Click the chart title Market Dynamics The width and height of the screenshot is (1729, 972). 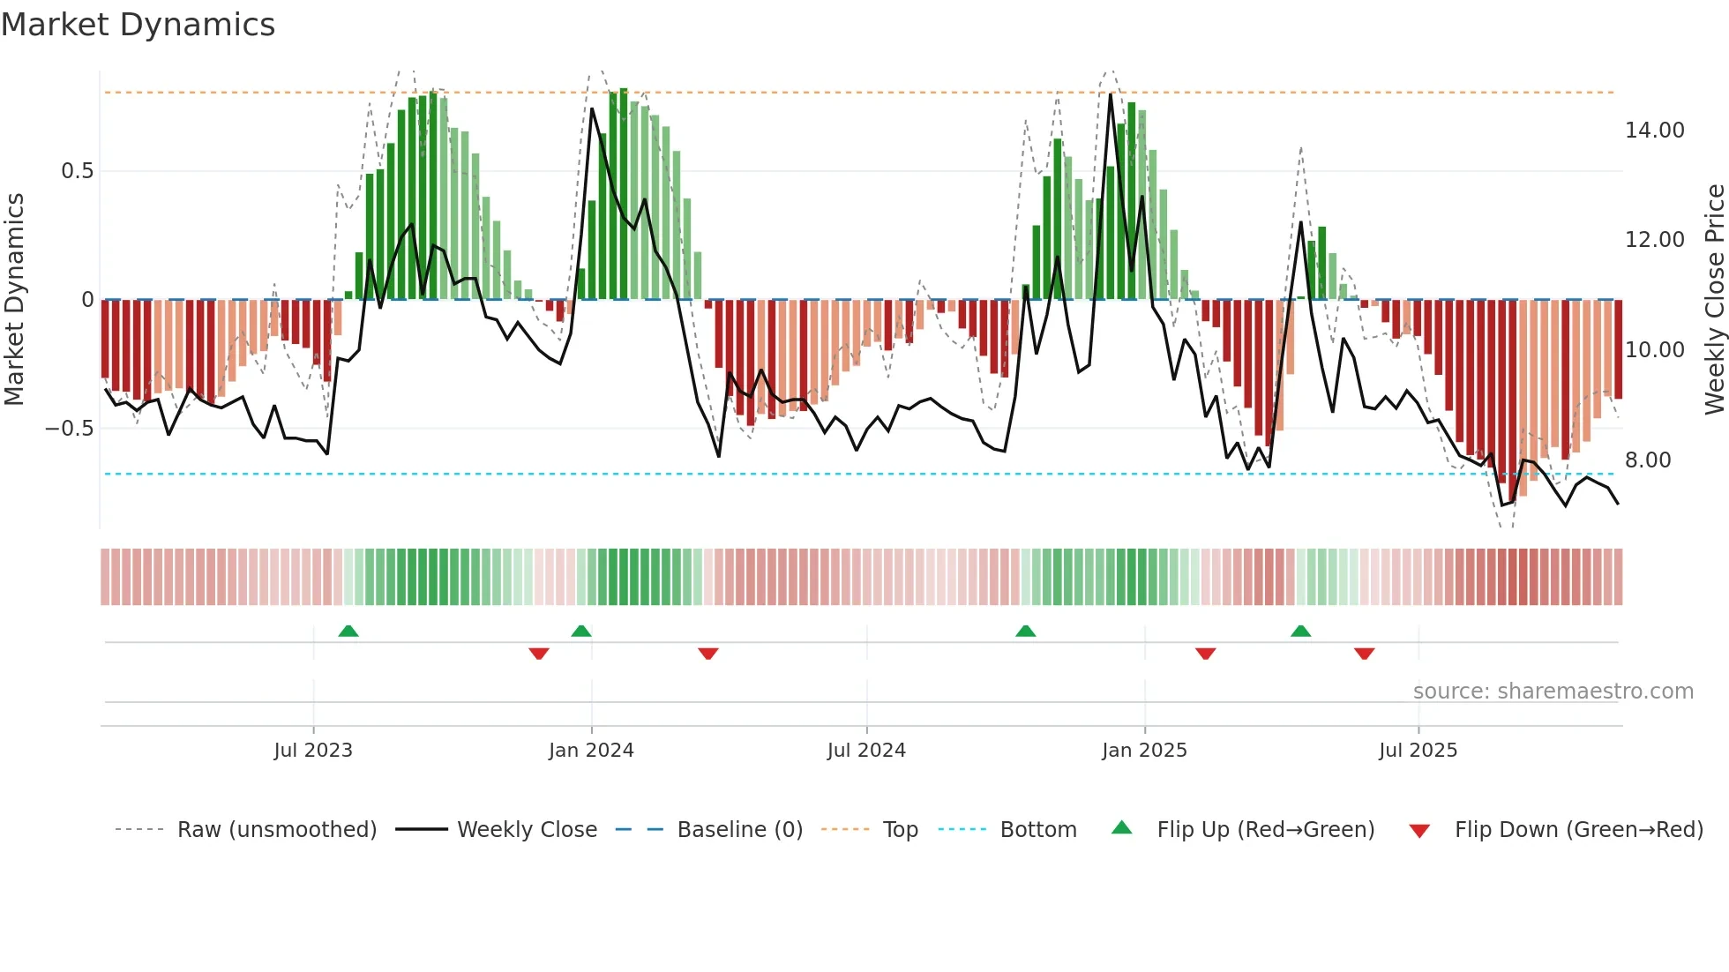coord(138,25)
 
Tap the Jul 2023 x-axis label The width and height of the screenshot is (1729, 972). coord(312,751)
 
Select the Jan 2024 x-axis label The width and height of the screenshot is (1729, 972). coord(591,751)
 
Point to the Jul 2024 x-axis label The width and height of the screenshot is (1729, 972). coord(866,751)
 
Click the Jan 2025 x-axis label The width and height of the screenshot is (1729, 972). coord(1144,751)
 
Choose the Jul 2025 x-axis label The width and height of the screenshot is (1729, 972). coord(1418,751)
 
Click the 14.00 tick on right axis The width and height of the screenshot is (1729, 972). coord(1654,131)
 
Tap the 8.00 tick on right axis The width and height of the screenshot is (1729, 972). coord(1647,460)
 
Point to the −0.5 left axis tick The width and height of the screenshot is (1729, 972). coord(69,429)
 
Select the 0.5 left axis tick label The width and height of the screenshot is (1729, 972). coord(77,171)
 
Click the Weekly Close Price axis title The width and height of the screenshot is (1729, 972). coord(1714,300)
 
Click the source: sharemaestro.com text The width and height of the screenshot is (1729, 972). coord(1553,692)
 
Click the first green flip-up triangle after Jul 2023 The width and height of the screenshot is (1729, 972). coord(348,631)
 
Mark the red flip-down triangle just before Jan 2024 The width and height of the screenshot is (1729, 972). coord(539,654)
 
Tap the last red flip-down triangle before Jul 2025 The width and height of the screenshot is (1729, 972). coord(1364,654)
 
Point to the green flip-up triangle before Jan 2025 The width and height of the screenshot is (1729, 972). coord(1025,631)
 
